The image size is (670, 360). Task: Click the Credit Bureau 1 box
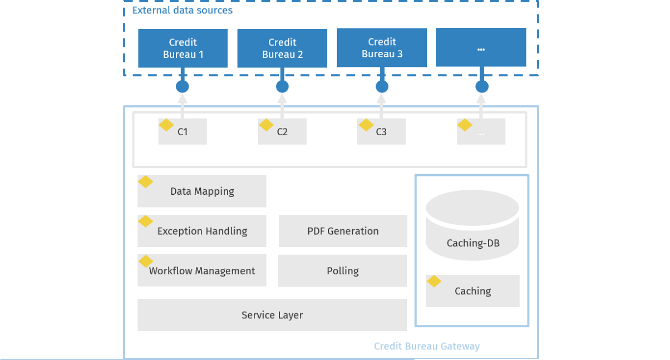[183, 48]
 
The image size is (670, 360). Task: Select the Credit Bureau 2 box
[282, 48]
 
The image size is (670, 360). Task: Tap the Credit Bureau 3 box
[382, 48]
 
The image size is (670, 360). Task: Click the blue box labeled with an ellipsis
[481, 47]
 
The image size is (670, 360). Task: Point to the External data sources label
[182, 11]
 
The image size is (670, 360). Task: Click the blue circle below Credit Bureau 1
[183, 87]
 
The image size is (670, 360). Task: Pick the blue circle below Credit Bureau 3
[382, 87]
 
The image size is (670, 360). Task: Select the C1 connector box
[183, 132]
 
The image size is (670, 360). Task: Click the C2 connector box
[282, 132]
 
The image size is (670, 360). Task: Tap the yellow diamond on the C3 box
[366, 125]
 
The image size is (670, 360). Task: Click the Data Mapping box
[202, 191]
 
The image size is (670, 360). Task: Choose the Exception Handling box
[202, 231]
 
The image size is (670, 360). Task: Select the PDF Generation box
[343, 231]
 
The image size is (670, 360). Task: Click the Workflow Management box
[202, 271]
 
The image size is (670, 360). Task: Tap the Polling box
[343, 271]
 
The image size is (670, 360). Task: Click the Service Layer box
[272, 315]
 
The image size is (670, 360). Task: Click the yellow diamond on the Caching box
[434, 282]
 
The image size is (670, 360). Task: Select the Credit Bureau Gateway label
[426, 346]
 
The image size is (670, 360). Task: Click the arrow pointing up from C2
[282, 106]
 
